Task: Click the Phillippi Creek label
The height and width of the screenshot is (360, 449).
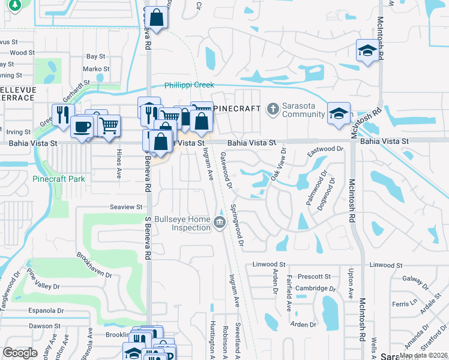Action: click(x=189, y=86)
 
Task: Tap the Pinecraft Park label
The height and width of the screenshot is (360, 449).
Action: click(x=59, y=179)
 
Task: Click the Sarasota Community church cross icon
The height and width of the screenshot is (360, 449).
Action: click(x=273, y=109)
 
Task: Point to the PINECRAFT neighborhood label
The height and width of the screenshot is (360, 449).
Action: click(x=237, y=109)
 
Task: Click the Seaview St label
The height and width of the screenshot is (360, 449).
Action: click(x=125, y=207)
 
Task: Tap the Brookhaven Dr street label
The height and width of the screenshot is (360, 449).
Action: click(x=94, y=265)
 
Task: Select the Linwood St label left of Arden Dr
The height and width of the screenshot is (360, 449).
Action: click(x=268, y=264)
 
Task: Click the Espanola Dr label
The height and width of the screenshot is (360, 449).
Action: click(x=46, y=311)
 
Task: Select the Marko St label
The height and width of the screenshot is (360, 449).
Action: click(x=95, y=69)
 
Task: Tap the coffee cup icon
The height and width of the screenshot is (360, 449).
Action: click(x=81, y=126)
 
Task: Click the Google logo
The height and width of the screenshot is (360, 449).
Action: click(x=20, y=353)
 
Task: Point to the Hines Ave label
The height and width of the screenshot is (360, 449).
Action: click(x=118, y=163)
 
